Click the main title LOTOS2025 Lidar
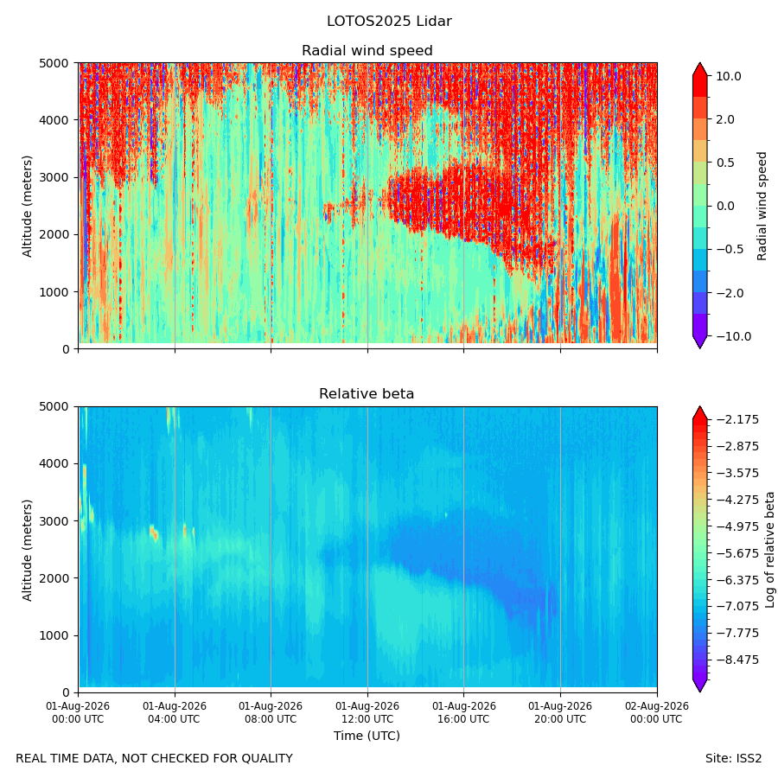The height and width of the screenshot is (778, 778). (389, 22)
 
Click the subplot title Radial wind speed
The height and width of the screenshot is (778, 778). (367, 51)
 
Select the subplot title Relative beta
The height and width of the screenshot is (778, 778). (367, 394)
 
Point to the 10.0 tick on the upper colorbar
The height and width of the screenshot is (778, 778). (729, 76)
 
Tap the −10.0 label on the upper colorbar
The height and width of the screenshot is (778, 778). (733, 336)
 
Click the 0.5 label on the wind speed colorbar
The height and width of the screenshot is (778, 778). (725, 163)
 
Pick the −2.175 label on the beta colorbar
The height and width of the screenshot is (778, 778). (737, 420)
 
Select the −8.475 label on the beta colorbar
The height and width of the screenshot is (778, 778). (737, 660)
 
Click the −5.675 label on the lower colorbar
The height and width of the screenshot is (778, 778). (737, 553)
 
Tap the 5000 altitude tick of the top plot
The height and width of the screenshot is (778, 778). (54, 63)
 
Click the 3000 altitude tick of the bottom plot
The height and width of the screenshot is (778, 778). (54, 521)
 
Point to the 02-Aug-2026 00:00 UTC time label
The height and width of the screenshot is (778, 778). (657, 712)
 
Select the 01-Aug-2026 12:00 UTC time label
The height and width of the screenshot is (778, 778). (367, 712)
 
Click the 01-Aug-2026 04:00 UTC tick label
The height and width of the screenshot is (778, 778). (174, 712)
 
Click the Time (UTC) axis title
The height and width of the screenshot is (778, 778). (367, 736)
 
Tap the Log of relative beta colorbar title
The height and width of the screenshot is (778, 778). (770, 550)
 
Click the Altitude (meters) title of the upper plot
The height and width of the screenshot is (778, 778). (27, 207)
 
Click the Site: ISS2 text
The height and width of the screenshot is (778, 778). (733, 759)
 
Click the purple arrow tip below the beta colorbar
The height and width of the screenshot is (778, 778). (699, 692)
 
